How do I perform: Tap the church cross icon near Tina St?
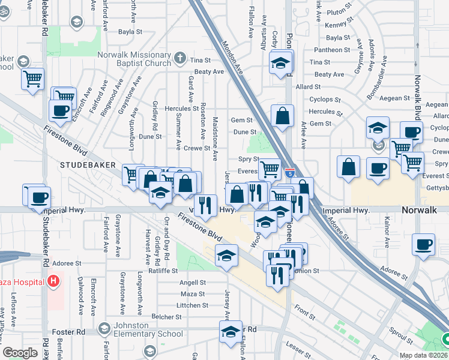(x=181, y=59)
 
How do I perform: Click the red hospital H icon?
(x=54, y=280)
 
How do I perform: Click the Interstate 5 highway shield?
(x=289, y=173)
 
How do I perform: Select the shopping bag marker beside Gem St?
(x=282, y=116)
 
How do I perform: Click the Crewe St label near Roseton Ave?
(x=196, y=148)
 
